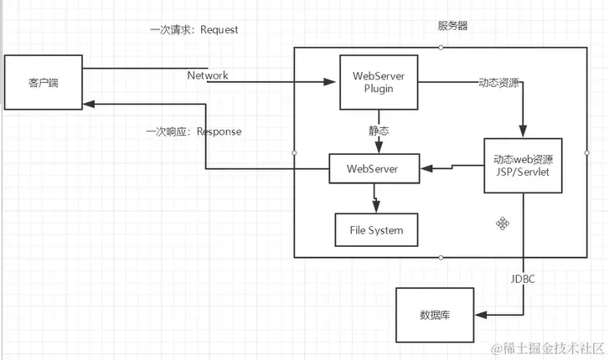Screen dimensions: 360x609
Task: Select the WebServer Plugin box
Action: (378, 83)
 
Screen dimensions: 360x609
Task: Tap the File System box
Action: (369, 230)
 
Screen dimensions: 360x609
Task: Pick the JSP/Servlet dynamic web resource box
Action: (524, 167)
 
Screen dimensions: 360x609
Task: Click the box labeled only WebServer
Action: (373, 170)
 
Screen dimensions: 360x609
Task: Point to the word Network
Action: (208, 75)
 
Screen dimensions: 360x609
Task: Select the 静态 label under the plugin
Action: (379, 131)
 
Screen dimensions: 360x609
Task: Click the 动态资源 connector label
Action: (498, 83)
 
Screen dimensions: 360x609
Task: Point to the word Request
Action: (219, 29)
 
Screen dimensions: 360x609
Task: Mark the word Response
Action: (219, 131)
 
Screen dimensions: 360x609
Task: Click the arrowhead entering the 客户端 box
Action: (91, 103)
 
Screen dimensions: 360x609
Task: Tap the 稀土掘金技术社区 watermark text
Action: (553, 347)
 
